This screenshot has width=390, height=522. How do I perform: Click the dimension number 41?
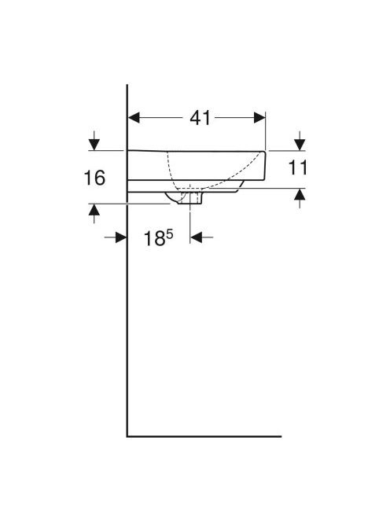tap(201, 118)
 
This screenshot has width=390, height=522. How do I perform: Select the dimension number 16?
tap(94, 178)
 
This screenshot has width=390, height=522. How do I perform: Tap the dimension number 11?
tap(297, 167)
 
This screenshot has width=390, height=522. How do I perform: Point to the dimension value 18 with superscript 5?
tap(159, 238)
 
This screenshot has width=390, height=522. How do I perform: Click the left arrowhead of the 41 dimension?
tap(134, 117)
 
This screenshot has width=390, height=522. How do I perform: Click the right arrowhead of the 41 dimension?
tap(259, 117)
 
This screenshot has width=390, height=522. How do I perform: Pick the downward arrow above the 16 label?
tap(94, 141)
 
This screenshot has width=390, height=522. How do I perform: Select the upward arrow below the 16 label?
tap(94, 213)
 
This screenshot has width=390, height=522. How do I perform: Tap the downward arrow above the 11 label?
tap(300, 141)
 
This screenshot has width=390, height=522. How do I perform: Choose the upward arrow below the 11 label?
tap(300, 198)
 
